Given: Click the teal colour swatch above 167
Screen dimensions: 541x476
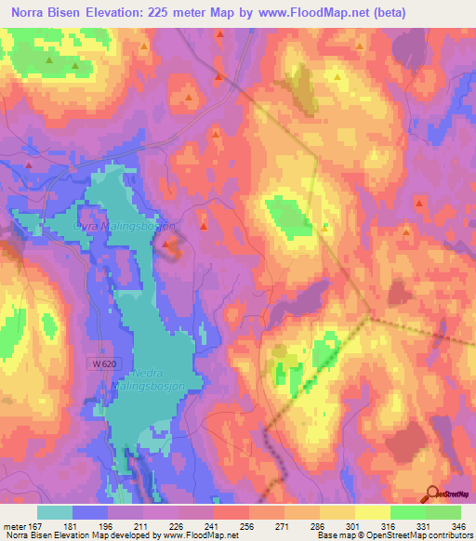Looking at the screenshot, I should [55, 512].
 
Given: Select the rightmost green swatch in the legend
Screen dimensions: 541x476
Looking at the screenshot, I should [443, 512].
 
